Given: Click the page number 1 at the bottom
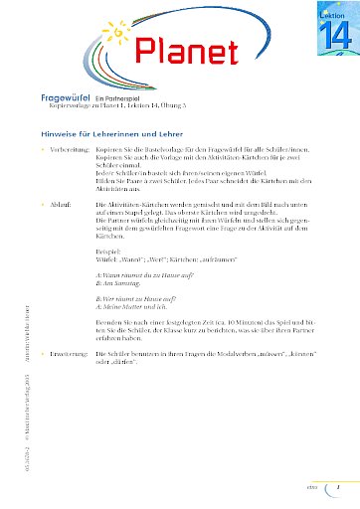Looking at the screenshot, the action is click(337, 487).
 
